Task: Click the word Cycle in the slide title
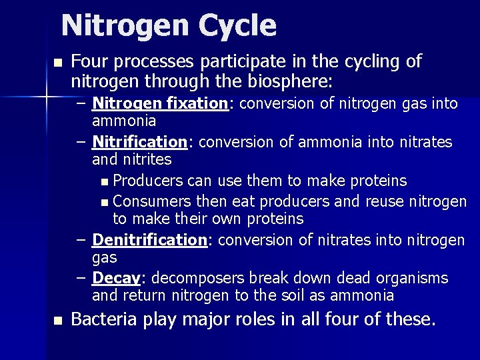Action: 237,26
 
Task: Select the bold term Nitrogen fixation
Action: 160,103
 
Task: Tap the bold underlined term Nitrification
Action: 138,143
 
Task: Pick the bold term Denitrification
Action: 150,239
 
